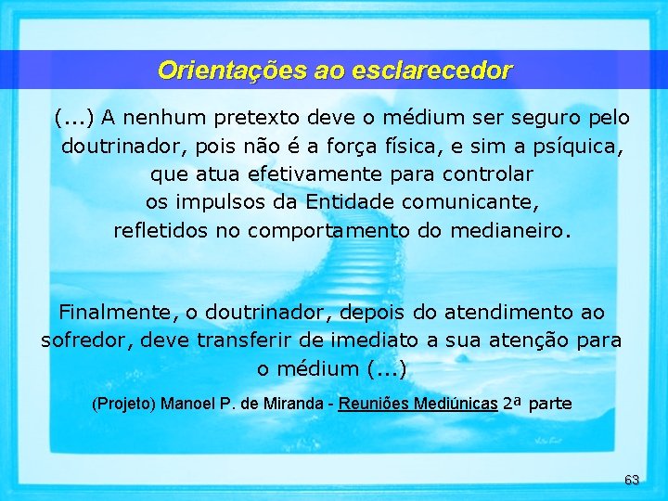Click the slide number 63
(632, 480)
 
